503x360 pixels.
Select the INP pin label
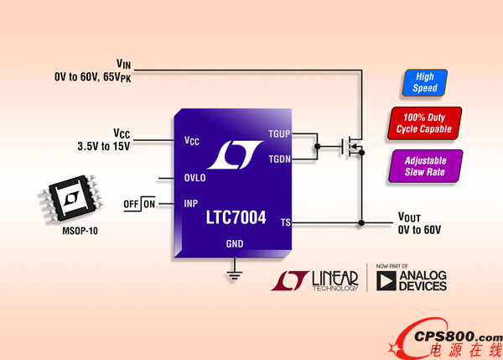click(192, 203)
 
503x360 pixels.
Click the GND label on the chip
click(236, 244)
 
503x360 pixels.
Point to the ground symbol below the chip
click(236, 274)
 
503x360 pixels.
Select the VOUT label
click(412, 217)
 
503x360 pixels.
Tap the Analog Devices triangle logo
click(386, 281)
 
